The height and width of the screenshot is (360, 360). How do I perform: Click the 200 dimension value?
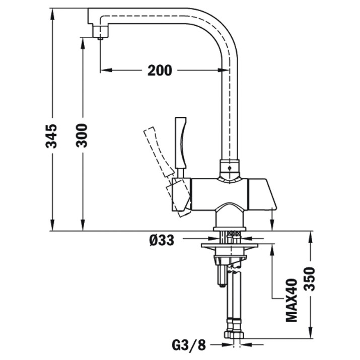tap(160, 70)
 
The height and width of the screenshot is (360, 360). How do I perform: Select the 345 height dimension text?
tap(51, 136)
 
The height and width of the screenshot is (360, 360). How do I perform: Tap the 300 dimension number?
tap(82, 135)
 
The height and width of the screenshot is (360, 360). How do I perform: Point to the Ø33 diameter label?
tap(162, 240)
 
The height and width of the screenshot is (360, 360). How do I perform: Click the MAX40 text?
tap(292, 300)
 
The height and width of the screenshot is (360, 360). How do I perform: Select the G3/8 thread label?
tap(189, 345)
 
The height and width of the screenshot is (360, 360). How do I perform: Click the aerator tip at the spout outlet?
tap(101, 38)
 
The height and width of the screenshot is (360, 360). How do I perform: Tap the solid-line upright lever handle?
tap(181, 147)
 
